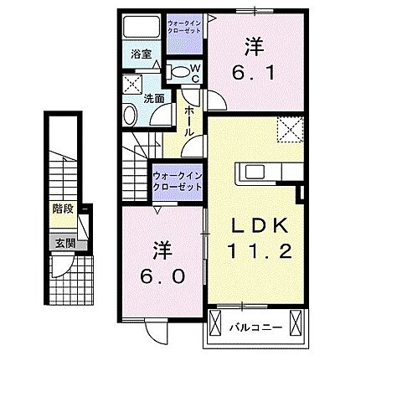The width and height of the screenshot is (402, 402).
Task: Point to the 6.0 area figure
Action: [164, 276]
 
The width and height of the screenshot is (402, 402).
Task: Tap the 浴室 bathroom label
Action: [141, 55]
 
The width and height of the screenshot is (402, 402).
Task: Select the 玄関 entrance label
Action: [64, 244]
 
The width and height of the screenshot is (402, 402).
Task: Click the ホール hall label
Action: [189, 118]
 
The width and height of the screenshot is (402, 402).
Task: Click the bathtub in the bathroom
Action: [142, 27]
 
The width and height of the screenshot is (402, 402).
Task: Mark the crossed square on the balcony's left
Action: [215, 322]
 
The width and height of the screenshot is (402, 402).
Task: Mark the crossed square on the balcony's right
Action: [295, 322]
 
